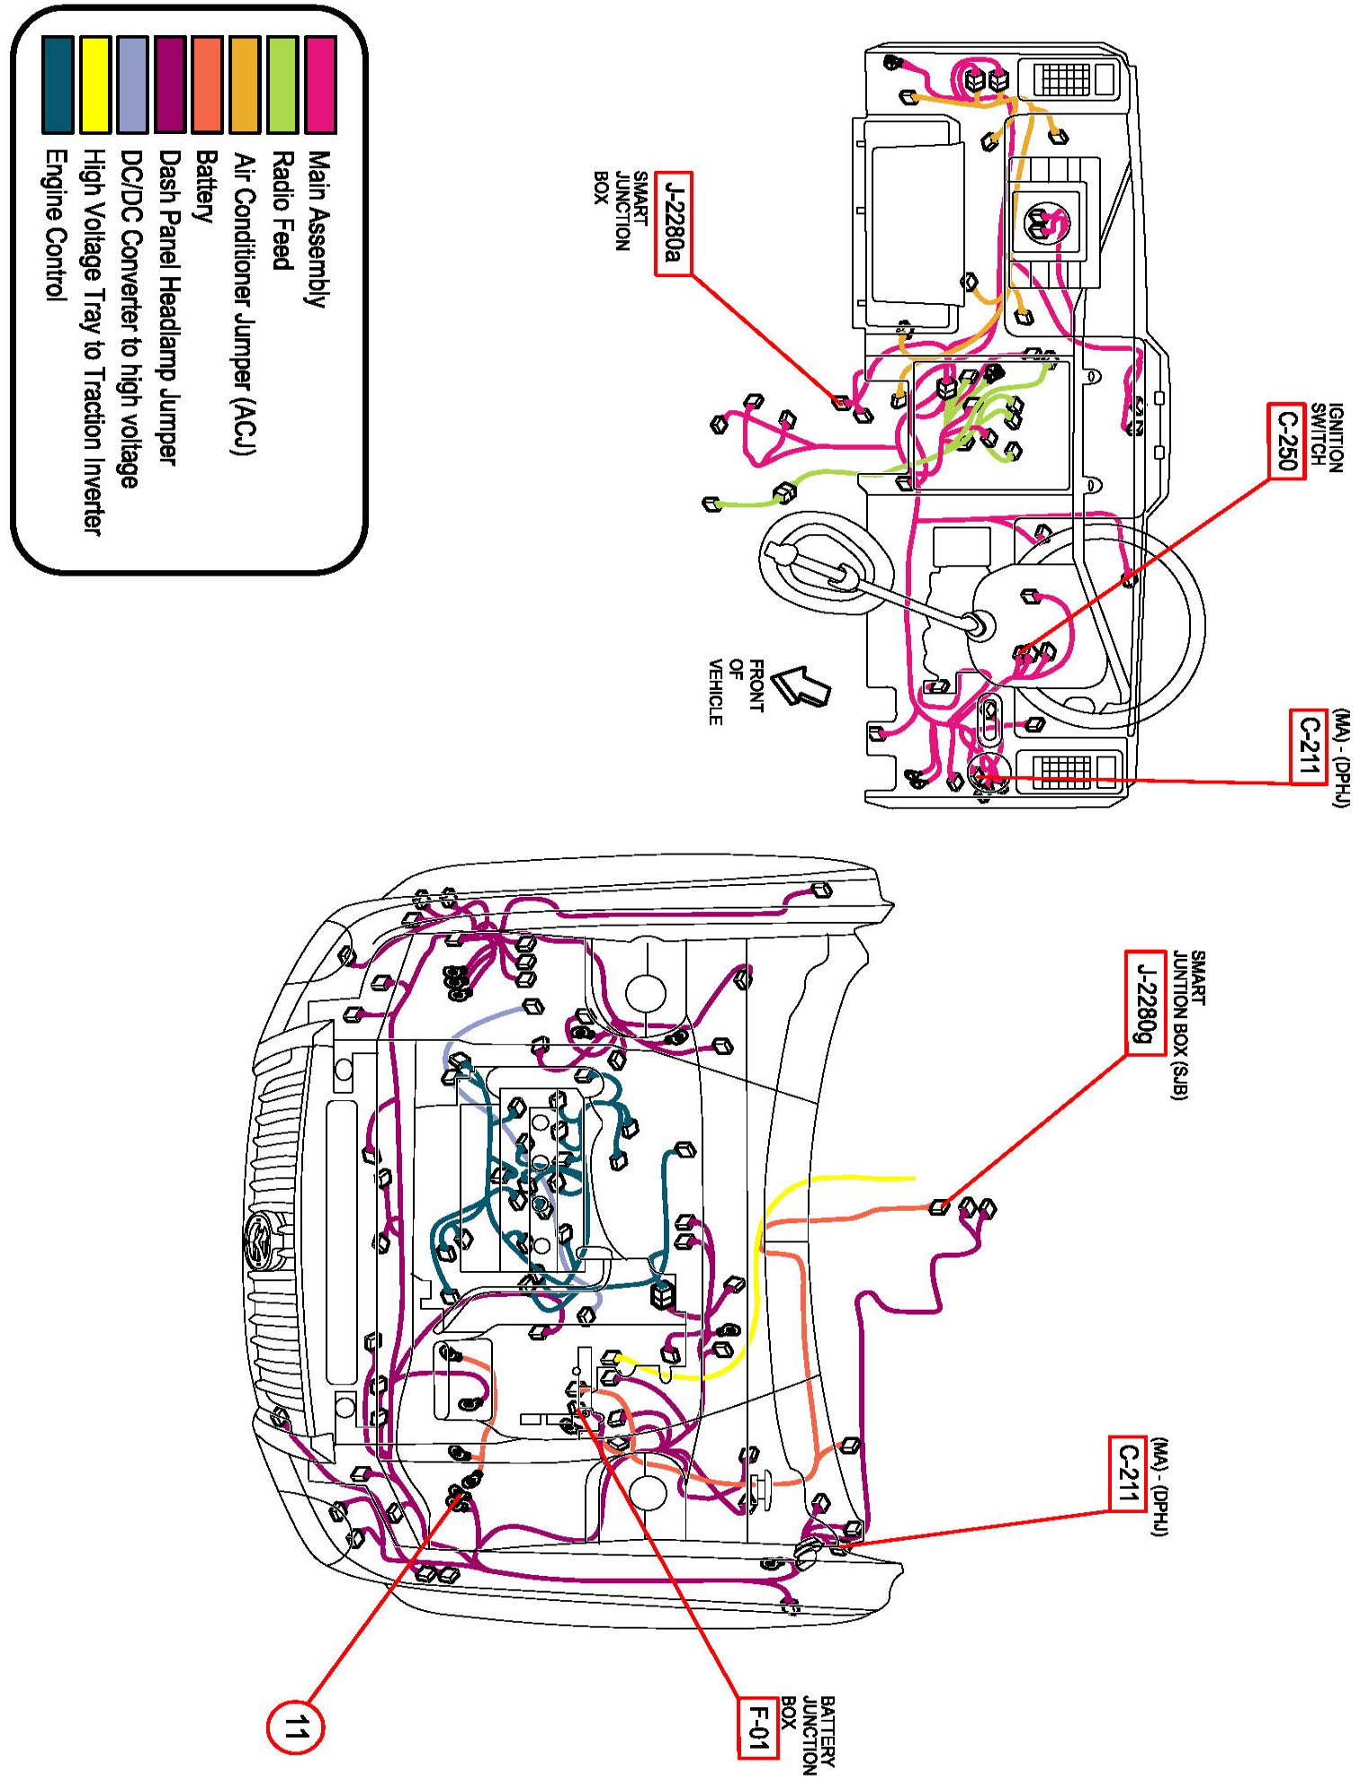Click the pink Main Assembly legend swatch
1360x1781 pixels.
[320, 85]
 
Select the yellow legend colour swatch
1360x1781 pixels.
[94, 85]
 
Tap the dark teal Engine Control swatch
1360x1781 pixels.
[57, 85]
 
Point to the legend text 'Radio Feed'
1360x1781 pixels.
[282, 210]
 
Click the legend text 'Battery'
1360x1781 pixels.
[207, 186]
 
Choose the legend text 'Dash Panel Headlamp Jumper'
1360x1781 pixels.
[169, 307]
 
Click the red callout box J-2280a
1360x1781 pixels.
[673, 223]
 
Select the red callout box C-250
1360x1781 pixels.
[1286, 440]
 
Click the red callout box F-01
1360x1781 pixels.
[757, 1727]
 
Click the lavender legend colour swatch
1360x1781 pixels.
[132, 85]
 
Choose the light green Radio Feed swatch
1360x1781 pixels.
[282, 85]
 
